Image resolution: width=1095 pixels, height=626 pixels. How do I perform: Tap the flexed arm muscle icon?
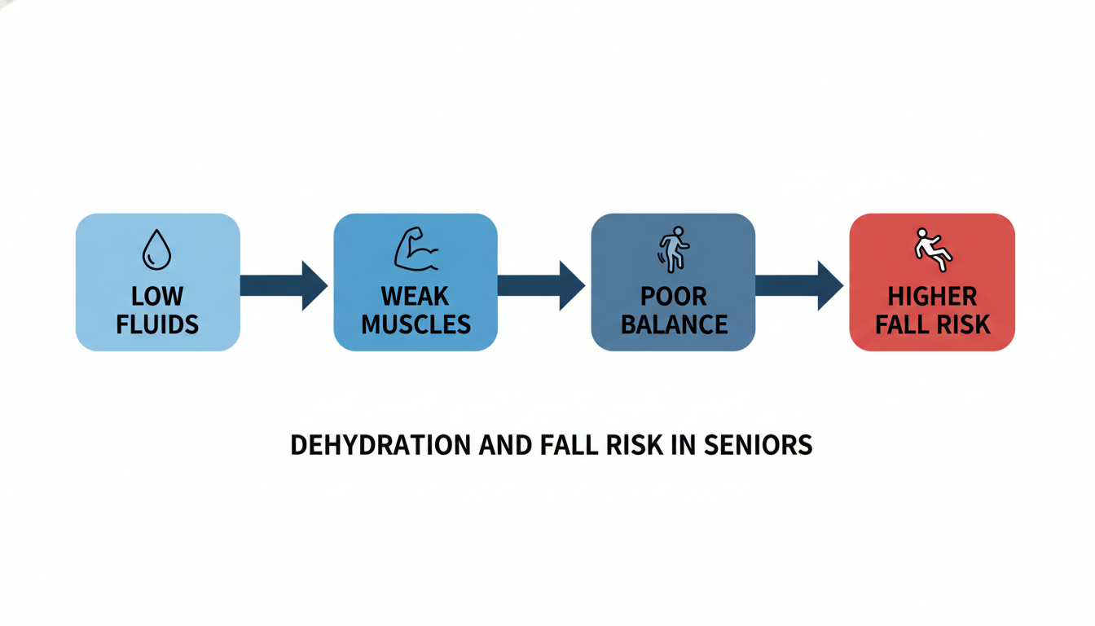tap(416, 249)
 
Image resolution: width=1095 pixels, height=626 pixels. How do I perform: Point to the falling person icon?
tap(932, 249)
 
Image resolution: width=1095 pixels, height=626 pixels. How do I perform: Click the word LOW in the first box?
tap(157, 296)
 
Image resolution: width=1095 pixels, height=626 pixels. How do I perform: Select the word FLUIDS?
tap(157, 324)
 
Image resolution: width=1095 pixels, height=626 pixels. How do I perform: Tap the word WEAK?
tap(416, 296)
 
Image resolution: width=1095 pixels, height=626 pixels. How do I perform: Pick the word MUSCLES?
tap(416, 324)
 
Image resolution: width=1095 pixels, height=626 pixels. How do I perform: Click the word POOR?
tap(674, 296)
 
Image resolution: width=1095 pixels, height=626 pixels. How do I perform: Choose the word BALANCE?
tap(674, 324)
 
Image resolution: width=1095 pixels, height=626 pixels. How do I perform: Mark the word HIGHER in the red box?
tap(932, 296)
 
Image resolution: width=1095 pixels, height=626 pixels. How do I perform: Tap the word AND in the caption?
tap(505, 445)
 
